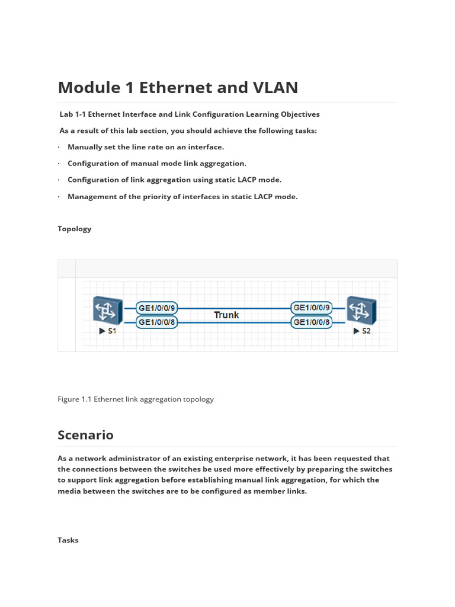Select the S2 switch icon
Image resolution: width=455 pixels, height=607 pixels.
361,311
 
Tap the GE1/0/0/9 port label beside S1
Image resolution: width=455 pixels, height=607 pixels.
157,308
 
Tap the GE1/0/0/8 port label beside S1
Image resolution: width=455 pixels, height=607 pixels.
157,322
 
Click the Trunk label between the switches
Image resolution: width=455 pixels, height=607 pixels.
226,315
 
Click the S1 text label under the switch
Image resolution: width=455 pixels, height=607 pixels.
112,331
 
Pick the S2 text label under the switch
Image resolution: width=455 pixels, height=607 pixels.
366,331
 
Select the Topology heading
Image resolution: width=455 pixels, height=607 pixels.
75,229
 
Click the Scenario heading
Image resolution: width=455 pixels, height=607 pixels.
85,435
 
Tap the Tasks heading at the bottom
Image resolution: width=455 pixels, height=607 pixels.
68,540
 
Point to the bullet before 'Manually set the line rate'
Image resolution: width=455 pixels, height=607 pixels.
59,147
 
